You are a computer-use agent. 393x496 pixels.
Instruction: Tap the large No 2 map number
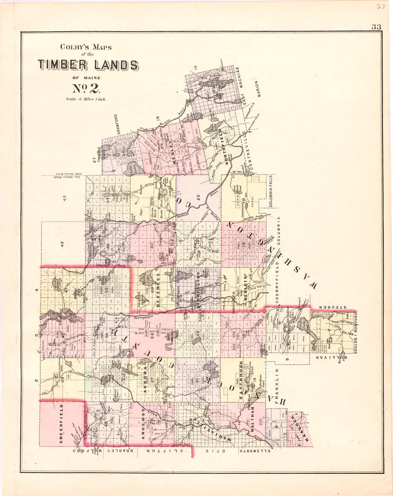88,88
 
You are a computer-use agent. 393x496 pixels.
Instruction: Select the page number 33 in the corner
376,26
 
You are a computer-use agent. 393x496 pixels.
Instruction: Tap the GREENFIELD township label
61,424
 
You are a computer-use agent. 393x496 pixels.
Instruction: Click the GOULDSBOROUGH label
355,333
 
